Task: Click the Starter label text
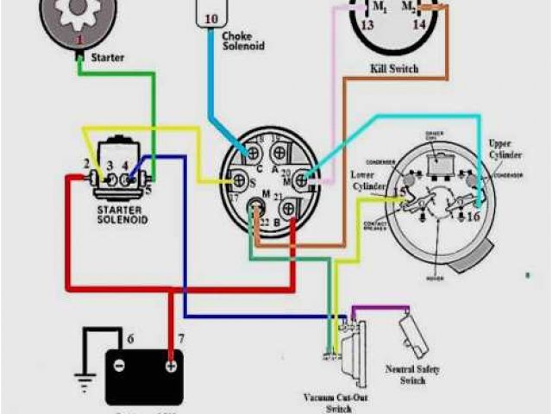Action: (x=107, y=58)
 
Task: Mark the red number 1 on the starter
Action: (x=79, y=40)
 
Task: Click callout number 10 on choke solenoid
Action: (x=211, y=18)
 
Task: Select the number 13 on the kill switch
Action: (x=367, y=25)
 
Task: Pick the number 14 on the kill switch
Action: (x=419, y=25)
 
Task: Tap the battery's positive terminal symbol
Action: (x=172, y=365)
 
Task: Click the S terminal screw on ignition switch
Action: (x=241, y=181)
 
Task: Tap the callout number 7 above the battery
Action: (x=180, y=338)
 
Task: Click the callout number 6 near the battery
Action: (x=130, y=338)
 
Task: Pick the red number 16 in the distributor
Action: (x=473, y=216)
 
